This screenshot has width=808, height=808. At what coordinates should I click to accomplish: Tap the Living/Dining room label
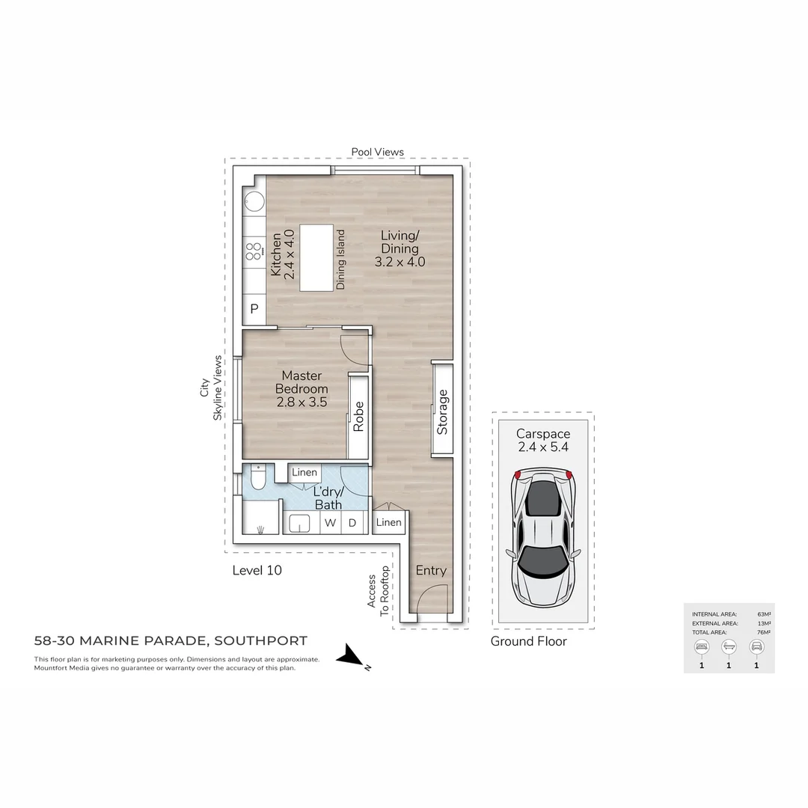pos(400,249)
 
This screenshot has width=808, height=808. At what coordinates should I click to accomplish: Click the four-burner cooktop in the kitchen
pos(254,251)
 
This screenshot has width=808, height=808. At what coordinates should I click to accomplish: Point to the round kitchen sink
pos(253,202)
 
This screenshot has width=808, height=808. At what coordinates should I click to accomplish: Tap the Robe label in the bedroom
pos(358,416)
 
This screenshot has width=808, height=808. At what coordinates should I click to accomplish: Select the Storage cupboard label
pos(442,411)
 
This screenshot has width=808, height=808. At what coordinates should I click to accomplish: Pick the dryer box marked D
pos(352,523)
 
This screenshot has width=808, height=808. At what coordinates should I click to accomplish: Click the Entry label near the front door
pos(431,570)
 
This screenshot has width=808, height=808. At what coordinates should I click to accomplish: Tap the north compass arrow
pos(349,658)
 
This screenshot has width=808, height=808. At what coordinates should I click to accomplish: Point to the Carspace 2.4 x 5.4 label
pos(543,441)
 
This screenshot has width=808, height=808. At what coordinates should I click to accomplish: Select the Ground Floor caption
pos(528,641)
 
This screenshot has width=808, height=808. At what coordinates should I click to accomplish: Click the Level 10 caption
pos(257,570)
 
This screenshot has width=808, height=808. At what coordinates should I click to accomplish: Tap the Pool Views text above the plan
pos(377,152)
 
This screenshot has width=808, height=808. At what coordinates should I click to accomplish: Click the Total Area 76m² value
pos(765,632)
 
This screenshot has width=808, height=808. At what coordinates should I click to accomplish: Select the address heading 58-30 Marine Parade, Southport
pos(171,640)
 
